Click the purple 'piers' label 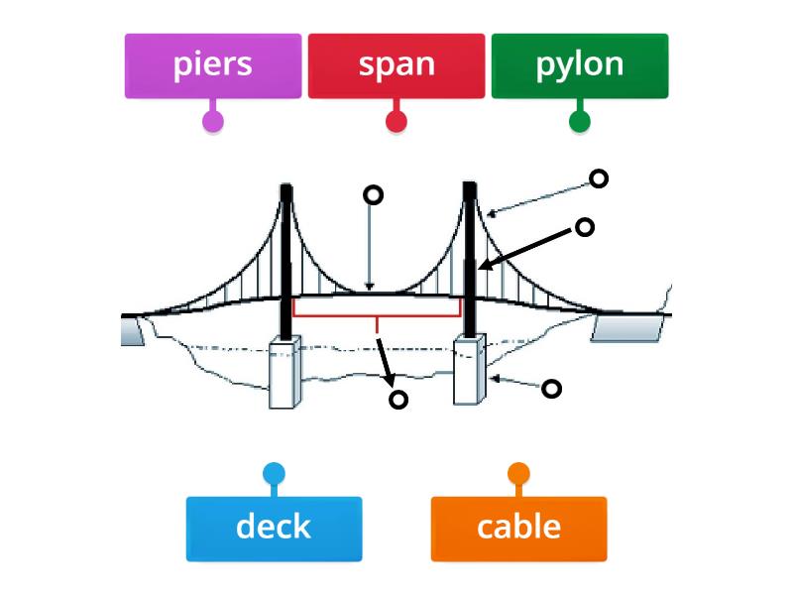coord(212,65)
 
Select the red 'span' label coord(396,65)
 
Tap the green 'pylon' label coord(580,65)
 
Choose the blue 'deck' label coord(274,528)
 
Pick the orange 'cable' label coord(518,528)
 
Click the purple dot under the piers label coord(212,122)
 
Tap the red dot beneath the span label coord(396,122)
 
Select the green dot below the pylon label coord(580,122)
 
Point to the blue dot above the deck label coord(274,473)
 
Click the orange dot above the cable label coord(518,473)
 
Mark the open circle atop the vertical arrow coord(373,194)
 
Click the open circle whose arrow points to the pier coord(551,389)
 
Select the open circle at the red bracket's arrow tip coord(397,400)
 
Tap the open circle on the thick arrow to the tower coord(585,227)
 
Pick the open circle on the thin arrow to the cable coord(598,178)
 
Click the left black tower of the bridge coord(285,258)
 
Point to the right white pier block coord(469,371)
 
